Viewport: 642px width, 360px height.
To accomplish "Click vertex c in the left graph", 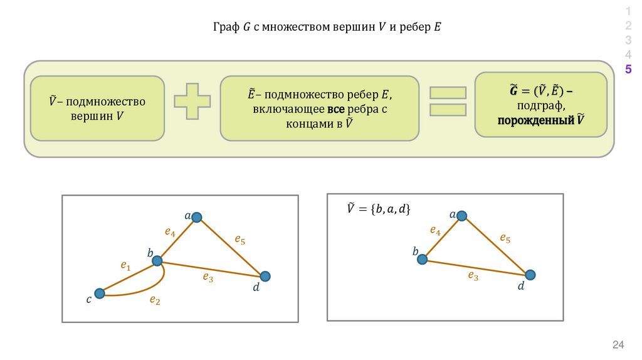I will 99,293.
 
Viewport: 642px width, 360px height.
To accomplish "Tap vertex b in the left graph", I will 157,260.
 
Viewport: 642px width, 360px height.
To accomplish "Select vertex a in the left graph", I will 196,217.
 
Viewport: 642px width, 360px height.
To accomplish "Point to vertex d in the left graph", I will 265,276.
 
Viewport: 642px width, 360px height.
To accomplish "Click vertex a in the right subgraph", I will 461,216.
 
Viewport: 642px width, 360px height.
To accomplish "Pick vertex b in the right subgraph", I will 423,259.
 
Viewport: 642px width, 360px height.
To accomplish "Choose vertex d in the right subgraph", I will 530,275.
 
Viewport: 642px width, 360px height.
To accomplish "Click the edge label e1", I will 125,266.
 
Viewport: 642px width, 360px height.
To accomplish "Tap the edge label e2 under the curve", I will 155,300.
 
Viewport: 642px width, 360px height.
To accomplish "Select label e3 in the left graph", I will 208,278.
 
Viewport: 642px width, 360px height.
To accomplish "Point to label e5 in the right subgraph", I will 505,238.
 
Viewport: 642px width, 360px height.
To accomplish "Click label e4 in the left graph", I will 170,231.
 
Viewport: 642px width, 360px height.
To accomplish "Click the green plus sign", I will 192,100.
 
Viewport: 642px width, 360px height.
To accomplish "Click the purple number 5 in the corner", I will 628,69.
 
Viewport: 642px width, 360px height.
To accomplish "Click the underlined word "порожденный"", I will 535,119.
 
